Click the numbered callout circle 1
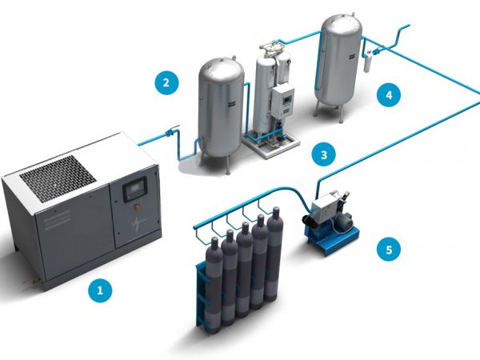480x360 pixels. coord(100,291)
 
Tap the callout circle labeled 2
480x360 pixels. coord(166,82)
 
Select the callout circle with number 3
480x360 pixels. coord(323,154)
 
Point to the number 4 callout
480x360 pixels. coord(389,95)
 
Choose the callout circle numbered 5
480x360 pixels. coord(389,250)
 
